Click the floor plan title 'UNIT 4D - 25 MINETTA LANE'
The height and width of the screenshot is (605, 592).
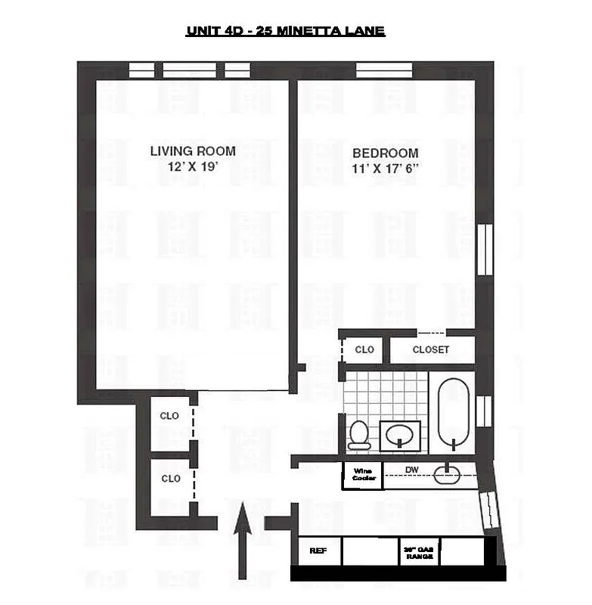pos(286,31)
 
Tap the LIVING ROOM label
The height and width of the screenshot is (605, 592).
pos(192,151)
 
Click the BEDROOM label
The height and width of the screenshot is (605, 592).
pos(385,153)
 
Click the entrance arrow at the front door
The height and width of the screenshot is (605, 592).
pos(242,541)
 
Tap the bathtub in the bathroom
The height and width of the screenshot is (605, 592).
pos(454,413)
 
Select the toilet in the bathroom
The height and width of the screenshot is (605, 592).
pos(358,435)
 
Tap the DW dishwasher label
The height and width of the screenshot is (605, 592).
pos(411,470)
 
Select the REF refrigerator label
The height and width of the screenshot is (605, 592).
pos(318,551)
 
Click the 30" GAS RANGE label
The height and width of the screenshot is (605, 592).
pos(419,553)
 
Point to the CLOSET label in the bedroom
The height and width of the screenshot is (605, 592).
pos(431,349)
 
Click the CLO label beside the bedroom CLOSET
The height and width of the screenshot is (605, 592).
pos(364,350)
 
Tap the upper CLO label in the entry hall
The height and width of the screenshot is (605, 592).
pos(170,416)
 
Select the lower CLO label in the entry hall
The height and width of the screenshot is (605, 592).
pos(171,479)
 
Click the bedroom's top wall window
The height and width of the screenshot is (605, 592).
pos(384,70)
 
